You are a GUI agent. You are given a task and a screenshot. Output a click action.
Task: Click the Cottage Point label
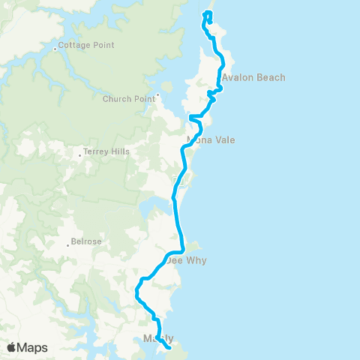click(86, 45)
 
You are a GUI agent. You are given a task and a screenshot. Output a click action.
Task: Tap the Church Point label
click(129, 97)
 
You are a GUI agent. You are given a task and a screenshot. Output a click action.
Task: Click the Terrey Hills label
click(106, 151)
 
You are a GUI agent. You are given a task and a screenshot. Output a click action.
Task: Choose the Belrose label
click(85, 241)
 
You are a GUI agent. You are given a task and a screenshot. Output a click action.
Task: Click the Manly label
click(157, 338)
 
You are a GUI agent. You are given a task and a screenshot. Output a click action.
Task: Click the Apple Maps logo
click(27, 347)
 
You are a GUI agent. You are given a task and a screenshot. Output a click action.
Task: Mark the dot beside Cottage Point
click(55, 50)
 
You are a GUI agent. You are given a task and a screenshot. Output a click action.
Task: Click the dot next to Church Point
click(158, 96)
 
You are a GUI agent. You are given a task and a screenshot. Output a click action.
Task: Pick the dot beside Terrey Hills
click(79, 157)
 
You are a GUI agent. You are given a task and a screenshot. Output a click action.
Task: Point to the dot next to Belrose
click(67, 242)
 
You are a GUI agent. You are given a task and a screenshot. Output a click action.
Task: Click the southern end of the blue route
click(170, 348)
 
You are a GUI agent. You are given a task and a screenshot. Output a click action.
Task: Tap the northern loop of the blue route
click(208, 18)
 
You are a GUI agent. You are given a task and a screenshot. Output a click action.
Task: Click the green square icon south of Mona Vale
click(178, 180)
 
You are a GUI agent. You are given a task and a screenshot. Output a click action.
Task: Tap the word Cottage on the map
click(74, 45)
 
